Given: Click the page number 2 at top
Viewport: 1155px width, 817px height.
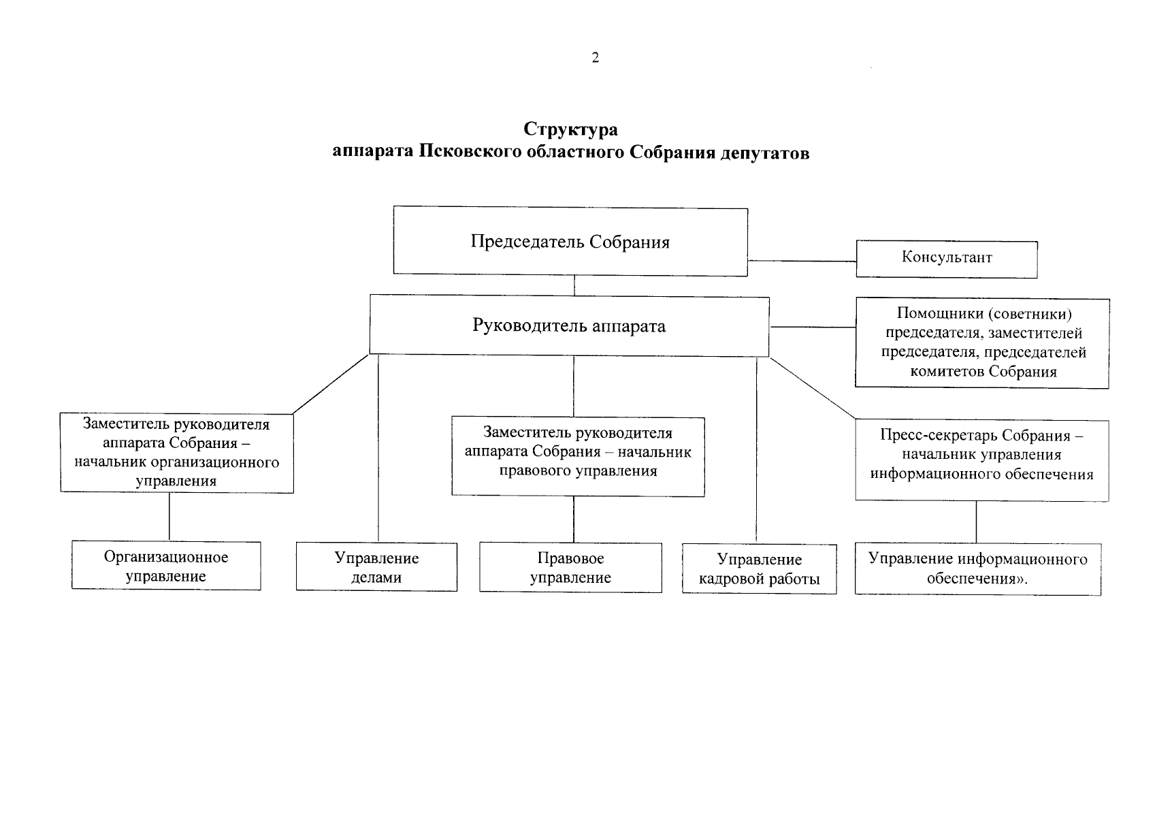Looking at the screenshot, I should click(596, 58).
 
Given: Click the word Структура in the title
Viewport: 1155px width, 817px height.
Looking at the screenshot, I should click(570, 129).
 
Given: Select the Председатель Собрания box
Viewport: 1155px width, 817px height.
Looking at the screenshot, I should click(570, 242).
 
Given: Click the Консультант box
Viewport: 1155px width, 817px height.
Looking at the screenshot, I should click(946, 259).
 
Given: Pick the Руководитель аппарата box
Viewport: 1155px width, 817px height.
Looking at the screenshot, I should click(569, 326).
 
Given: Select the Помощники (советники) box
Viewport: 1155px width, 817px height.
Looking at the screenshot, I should click(981, 343).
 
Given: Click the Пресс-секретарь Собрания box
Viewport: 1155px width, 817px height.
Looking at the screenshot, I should click(981, 460).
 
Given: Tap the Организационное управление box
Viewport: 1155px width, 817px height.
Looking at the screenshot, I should click(166, 566).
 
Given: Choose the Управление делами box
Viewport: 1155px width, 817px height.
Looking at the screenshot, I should click(376, 568).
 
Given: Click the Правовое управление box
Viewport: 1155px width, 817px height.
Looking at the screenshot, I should click(570, 568).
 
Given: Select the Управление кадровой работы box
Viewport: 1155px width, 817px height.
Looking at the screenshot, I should click(759, 570).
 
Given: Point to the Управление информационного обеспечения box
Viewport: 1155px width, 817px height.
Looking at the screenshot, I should click(977, 569).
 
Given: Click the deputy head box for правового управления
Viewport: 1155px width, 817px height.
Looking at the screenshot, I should click(578, 456).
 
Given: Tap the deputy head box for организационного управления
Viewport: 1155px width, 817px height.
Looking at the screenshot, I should click(176, 453).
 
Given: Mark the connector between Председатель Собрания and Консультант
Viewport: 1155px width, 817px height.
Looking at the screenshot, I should click(801, 261).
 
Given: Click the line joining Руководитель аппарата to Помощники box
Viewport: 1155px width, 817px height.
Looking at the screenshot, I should click(812, 327).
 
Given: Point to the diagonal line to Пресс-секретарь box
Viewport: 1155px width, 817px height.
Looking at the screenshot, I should click(813, 387).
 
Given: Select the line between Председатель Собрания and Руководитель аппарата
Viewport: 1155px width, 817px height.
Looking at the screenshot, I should click(574, 285).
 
